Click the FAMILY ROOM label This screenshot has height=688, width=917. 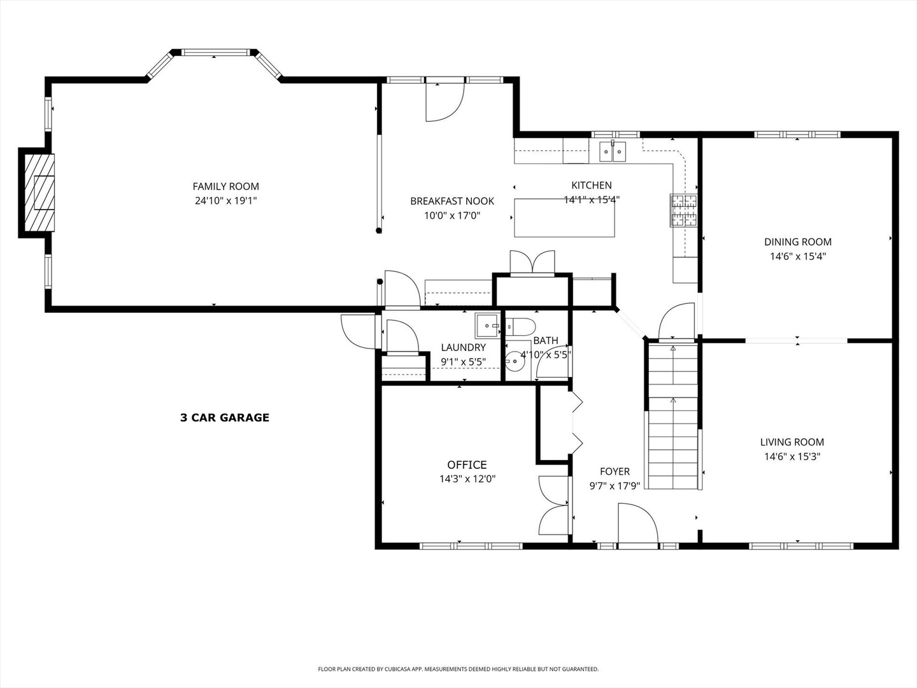point(225,187)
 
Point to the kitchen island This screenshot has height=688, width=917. point(564,218)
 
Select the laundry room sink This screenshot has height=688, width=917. point(488,326)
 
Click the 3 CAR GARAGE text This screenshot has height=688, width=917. point(225,418)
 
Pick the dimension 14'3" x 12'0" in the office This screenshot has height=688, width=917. point(467,479)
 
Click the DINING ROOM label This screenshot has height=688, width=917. point(798,242)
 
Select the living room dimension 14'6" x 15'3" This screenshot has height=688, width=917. point(792,457)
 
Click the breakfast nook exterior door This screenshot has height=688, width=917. point(444,102)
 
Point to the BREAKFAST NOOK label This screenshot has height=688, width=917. point(452,201)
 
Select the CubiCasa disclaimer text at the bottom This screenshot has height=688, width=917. point(458,669)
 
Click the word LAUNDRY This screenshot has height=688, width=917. point(463,348)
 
